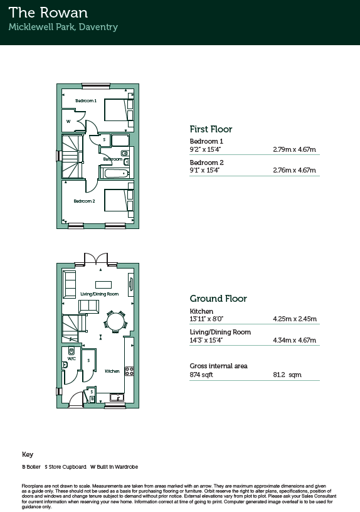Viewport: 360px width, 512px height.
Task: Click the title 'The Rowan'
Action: tap(48, 13)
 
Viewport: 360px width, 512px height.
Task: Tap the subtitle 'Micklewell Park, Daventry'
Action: tap(63, 27)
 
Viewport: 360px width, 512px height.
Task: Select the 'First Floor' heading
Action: tap(211, 129)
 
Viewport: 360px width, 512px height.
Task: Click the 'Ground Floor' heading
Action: tap(218, 299)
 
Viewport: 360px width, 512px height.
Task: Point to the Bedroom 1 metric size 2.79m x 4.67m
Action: tap(294, 149)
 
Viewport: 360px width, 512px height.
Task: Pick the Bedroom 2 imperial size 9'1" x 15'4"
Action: tap(204, 170)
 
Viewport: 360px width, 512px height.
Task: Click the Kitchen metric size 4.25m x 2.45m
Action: tap(295, 319)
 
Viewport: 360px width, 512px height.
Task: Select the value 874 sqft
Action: tap(201, 375)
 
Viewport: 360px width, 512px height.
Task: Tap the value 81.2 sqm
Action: tap(287, 375)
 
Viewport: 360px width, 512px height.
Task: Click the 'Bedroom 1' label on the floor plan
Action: tap(86, 100)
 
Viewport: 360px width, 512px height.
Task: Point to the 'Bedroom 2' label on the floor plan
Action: tap(84, 201)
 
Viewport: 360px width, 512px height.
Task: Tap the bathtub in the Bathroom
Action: tap(115, 173)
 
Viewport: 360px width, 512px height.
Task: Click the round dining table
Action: tap(115, 322)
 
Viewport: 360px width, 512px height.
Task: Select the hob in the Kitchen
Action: tap(129, 371)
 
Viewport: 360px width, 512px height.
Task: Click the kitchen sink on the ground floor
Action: tap(117, 397)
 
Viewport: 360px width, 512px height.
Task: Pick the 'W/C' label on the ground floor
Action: tap(71, 358)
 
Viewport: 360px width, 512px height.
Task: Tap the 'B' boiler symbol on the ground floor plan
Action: tap(92, 398)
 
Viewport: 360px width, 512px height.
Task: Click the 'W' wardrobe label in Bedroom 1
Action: tap(68, 122)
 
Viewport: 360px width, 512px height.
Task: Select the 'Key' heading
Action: tap(28, 454)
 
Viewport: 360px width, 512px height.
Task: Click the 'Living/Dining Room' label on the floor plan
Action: tap(100, 294)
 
